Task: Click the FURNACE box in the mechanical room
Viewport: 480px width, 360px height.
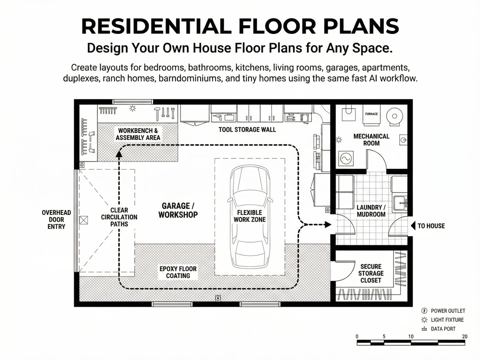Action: coord(372,115)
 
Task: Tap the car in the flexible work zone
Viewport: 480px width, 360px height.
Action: coord(250,217)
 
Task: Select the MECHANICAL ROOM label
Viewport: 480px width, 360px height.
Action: coord(371,140)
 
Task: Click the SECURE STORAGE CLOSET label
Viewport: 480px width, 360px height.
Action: coord(371,273)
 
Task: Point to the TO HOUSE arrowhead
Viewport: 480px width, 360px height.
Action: coord(413,226)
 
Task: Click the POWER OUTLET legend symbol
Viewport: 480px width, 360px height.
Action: coord(424,311)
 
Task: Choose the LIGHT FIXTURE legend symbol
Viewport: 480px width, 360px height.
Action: coord(424,320)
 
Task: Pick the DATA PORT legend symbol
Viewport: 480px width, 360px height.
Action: coord(424,329)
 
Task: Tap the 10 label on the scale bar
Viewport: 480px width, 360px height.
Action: coord(411,337)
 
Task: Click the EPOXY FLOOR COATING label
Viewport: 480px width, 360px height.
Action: coord(178,272)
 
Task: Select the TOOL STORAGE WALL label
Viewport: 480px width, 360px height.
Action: coord(247,130)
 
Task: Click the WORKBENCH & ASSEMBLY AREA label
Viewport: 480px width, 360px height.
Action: coord(138,134)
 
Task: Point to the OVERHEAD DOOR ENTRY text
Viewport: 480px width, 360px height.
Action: coord(57,219)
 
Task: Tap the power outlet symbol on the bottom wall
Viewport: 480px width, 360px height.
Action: coord(218,298)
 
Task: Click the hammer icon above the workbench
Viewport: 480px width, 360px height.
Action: coord(157,114)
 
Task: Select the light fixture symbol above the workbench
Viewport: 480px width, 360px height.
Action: coord(133,108)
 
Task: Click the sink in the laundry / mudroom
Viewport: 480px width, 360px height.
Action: coord(400,203)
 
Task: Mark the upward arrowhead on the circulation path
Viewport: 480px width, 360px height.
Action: coord(119,154)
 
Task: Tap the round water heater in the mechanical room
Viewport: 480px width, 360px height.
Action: coord(395,116)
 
